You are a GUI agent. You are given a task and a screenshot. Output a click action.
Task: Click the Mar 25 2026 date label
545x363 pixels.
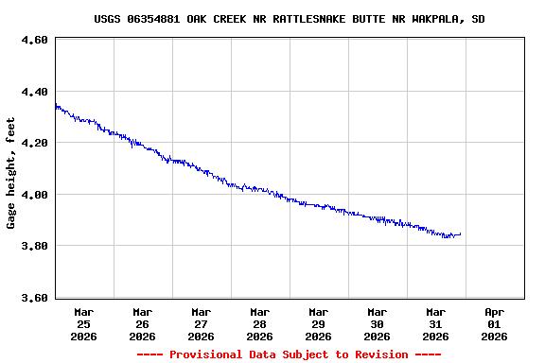(x=83, y=323)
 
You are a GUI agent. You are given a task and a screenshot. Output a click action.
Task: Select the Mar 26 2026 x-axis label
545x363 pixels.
(x=142, y=323)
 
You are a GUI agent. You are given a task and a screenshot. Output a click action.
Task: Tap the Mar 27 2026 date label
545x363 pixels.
(x=201, y=323)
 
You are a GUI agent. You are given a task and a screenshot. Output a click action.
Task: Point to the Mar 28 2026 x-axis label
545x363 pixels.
(x=259, y=323)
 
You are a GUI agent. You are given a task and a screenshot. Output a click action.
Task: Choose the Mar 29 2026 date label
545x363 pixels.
(x=318, y=323)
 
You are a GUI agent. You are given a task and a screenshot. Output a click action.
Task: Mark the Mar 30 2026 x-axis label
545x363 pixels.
(x=377, y=323)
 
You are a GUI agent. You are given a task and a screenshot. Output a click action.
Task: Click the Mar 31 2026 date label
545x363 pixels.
(x=435, y=323)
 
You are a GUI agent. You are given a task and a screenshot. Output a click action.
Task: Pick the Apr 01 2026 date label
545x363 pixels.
(x=494, y=323)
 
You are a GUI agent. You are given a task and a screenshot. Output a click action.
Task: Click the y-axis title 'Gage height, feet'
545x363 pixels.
(x=11, y=173)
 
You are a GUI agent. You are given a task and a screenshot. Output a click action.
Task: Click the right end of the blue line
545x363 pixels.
(x=460, y=233)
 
